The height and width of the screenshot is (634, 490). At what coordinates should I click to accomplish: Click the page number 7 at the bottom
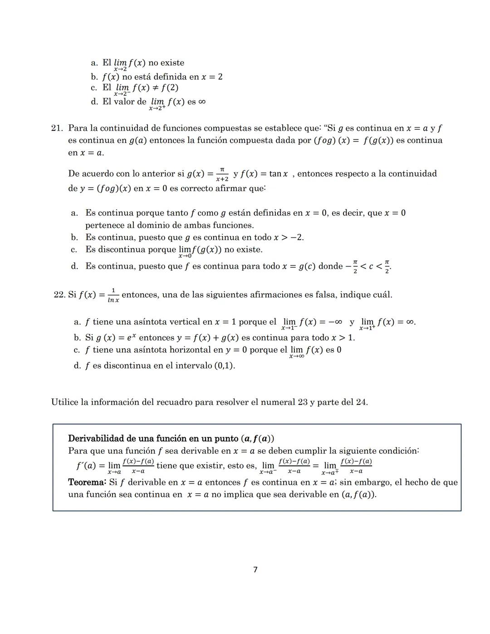[x=255, y=570]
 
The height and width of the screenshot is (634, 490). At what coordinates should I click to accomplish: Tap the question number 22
[x=59, y=295]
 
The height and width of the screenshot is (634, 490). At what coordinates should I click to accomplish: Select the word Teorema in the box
[x=87, y=482]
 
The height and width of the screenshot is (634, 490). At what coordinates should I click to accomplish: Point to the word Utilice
[x=64, y=402]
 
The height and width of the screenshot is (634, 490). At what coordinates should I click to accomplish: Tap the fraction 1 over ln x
[x=113, y=295]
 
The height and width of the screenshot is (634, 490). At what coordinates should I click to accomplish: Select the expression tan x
[x=278, y=174]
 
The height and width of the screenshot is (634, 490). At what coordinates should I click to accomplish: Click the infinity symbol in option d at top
[x=202, y=102]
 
